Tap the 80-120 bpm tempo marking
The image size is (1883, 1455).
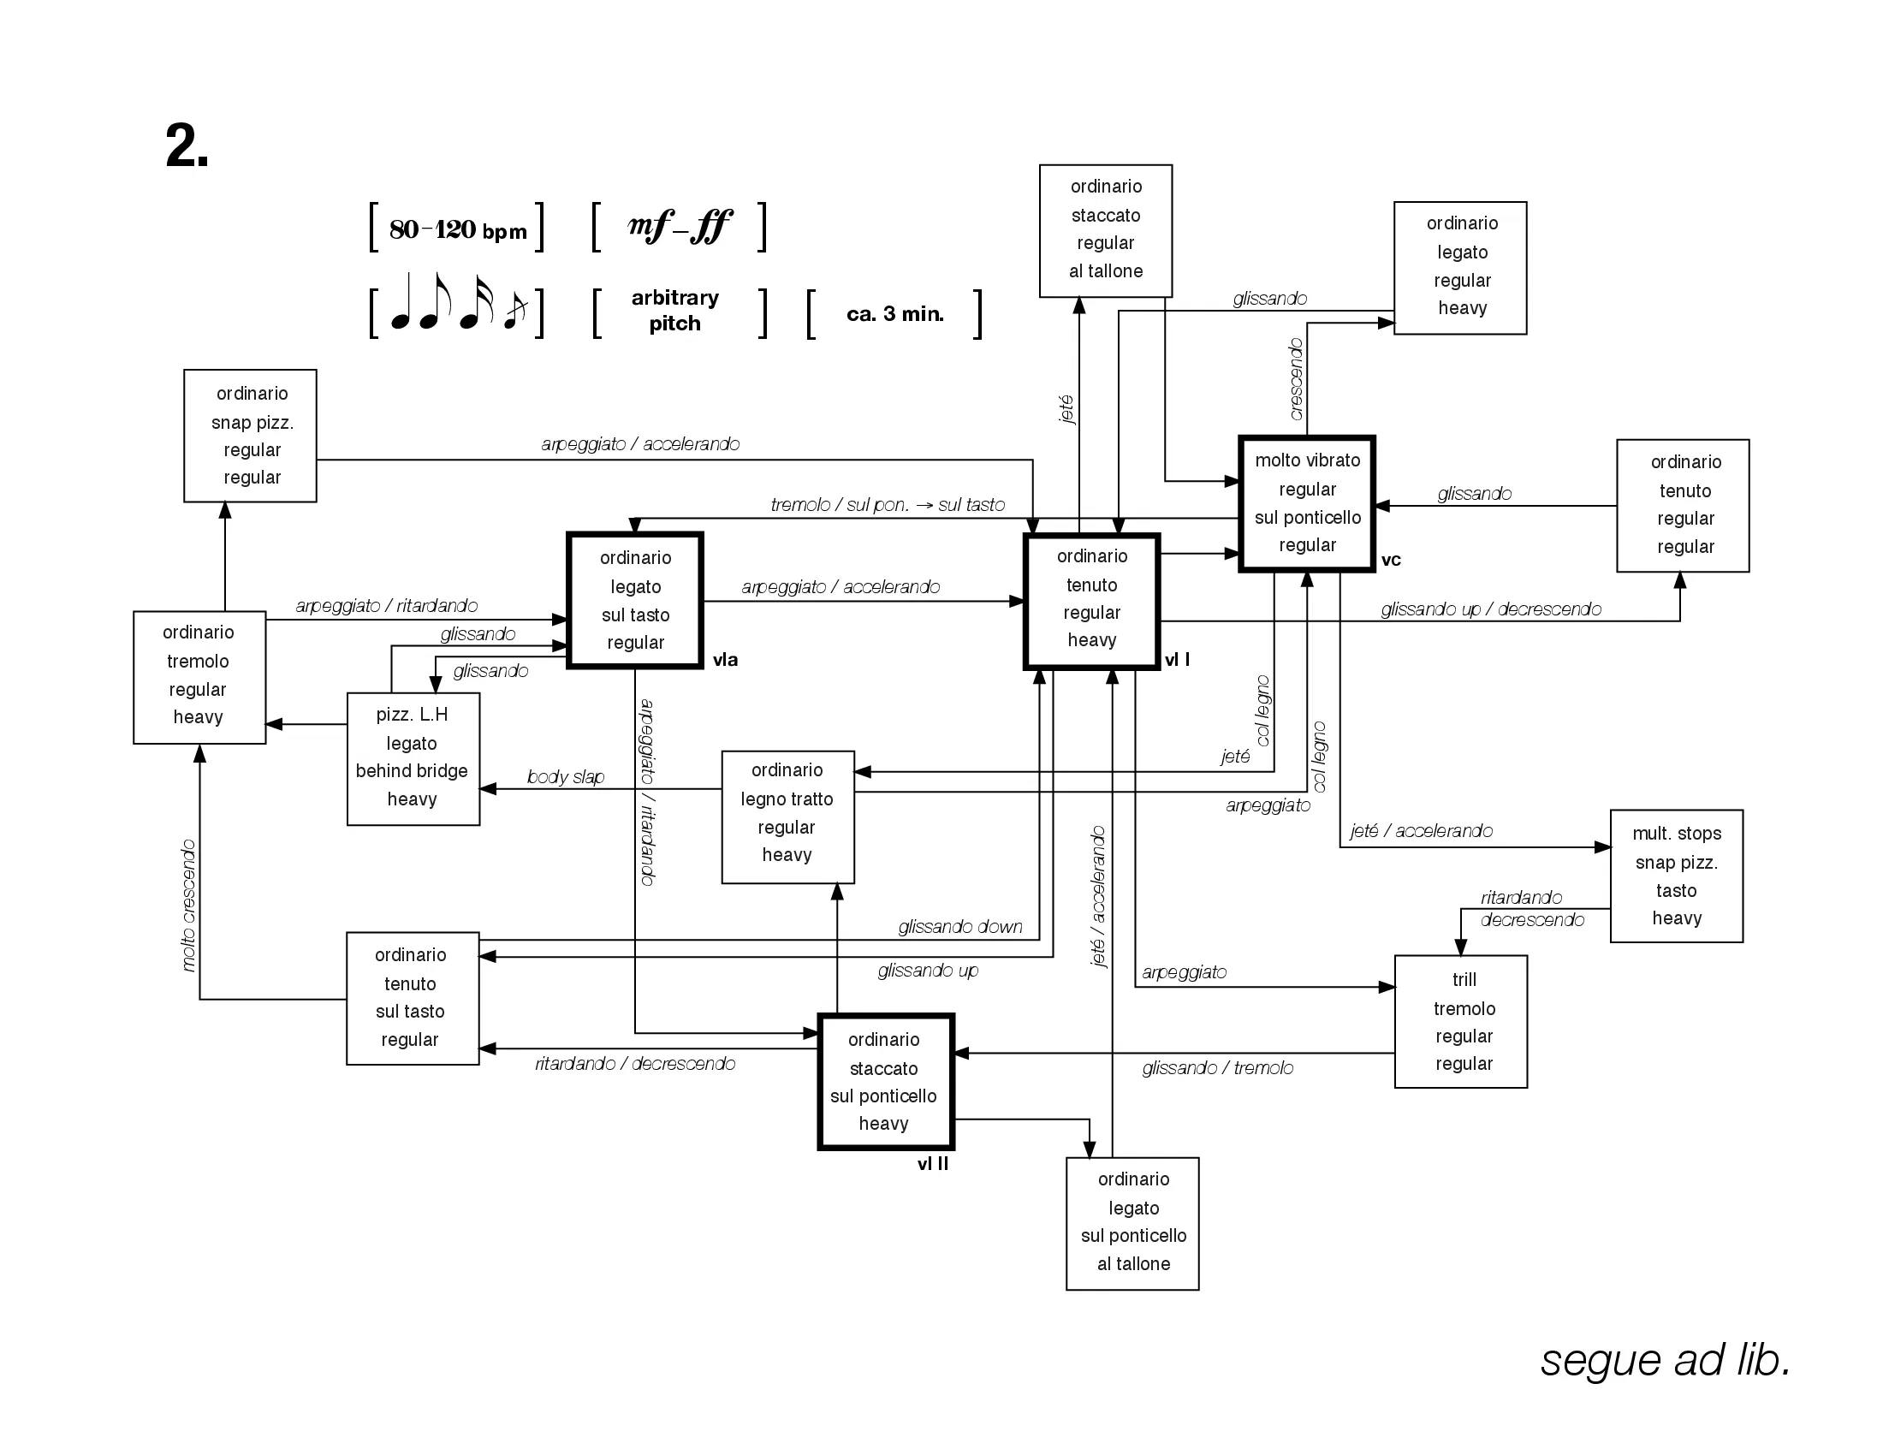pyautogui.click(x=457, y=229)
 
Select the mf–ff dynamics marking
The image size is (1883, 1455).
pyautogui.click(x=680, y=226)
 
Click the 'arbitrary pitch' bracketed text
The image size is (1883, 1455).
pyautogui.click(x=675, y=311)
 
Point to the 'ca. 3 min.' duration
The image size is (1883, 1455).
pyautogui.click(x=895, y=314)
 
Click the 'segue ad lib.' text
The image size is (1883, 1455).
pyautogui.click(x=1666, y=1359)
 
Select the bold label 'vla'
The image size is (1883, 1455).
pyautogui.click(x=725, y=659)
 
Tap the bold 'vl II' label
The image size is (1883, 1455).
pyautogui.click(x=933, y=1164)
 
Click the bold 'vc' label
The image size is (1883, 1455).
pyautogui.click(x=1391, y=561)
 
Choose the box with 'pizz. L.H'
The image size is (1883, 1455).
pyautogui.click(x=413, y=758)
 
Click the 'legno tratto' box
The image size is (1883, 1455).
pyautogui.click(x=788, y=817)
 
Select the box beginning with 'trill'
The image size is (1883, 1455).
pyautogui.click(x=1460, y=1021)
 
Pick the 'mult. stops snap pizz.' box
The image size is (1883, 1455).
pyautogui.click(x=1676, y=876)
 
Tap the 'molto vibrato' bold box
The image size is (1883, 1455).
pyautogui.click(x=1307, y=503)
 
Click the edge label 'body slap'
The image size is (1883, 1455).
pyautogui.click(x=566, y=776)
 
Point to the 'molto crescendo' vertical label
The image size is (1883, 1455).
pyautogui.click(x=189, y=905)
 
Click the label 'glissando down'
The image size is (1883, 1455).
pyautogui.click(x=959, y=927)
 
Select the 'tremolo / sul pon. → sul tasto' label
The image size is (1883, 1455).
pyautogui.click(x=888, y=504)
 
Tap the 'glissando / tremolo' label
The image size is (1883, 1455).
pyautogui.click(x=1217, y=1068)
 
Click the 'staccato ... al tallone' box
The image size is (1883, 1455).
pyautogui.click(x=1105, y=231)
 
